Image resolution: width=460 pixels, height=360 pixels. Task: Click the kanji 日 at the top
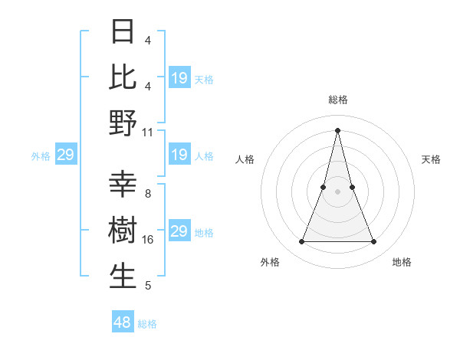pyautogui.click(x=123, y=31)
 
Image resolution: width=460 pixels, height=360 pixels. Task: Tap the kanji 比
pyautogui.click(x=123, y=77)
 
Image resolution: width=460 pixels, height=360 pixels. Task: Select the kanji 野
pyautogui.click(x=123, y=122)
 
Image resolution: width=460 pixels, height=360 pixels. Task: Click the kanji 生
pyautogui.click(x=123, y=276)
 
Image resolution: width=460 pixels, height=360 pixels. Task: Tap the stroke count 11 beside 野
pyautogui.click(x=148, y=132)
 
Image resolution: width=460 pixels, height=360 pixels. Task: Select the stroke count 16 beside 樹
pyautogui.click(x=148, y=240)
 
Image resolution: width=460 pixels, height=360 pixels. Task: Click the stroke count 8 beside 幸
pyautogui.click(x=148, y=194)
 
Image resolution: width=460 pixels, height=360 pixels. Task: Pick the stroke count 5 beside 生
pyautogui.click(x=148, y=286)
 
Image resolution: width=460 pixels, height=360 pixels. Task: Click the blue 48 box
pyautogui.click(x=123, y=322)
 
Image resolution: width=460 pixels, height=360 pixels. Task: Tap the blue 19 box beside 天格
pyautogui.click(x=179, y=78)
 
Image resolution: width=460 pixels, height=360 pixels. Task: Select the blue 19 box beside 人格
pyautogui.click(x=179, y=155)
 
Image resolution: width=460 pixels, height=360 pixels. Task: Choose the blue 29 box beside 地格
pyautogui.click(x=179, y=231)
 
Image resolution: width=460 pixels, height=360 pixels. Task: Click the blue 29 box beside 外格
pyautogui.click(x=65, y=155)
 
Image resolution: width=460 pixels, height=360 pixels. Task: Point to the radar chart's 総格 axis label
pyautogui.click(x=337, y=100)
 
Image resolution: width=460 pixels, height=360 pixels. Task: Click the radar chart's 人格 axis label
pyautogui.click(x=245, y=159)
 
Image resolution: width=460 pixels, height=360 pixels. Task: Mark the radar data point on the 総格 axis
pyautogui.click(x=337, y=129)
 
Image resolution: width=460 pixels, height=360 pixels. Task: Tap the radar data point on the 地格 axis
pyautogui.click(x=373, y=242)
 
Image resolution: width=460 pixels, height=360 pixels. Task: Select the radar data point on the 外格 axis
pyautogui.click(x=301, y=242)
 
